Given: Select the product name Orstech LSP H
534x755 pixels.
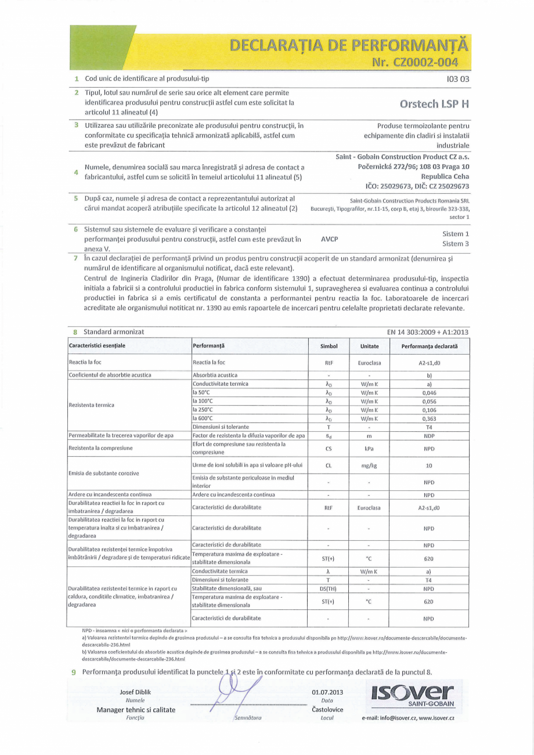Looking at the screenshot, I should click(x=435, y=104).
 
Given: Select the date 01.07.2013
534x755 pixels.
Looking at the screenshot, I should click(x=328, y=692).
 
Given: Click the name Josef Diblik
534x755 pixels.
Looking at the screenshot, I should click(x=135, y=692).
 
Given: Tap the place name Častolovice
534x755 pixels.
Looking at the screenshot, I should click(x=327, y=709).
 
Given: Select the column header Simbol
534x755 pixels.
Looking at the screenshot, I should click(x=329, y=346).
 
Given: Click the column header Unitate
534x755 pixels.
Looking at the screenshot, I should click(x=369, y=346).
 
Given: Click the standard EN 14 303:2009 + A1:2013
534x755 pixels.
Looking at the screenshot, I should click(x=428, y=332).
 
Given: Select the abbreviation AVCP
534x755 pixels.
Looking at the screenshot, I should click(x=329, y=239).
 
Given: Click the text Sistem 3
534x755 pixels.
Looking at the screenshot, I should click(x=456, y=244).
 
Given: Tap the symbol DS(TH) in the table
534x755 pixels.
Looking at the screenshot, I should click(x=329, y=588).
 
